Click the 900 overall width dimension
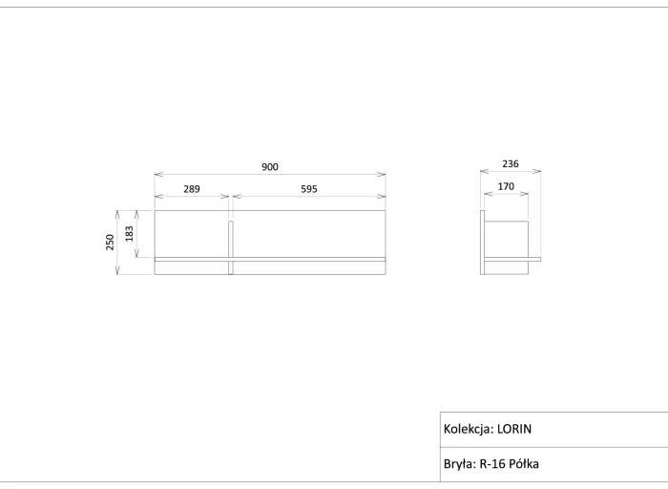pyautogui.click(x=270, y=167)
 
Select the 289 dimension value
pyautogui.click(x=192, y=189)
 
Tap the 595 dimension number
pyautogui.click(x=309, y=189)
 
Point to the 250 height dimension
pyautogui.click(x=110, y=243)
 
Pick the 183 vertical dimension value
pyautogui.click(x=129, y=234)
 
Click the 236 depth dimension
pyautogui.click(x=511, y=163)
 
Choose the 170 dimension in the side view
pyautogui.click(x=506, y=186)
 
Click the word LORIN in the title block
pyautogui.click(x=514, y=429)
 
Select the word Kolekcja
pyautogui.click(x=469, y=429)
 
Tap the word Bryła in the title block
pyautogui.click(x=459, y=464)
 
